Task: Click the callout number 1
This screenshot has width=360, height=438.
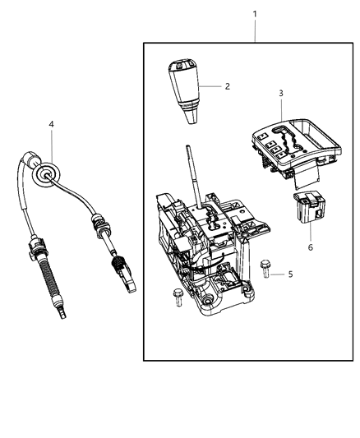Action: tap(255, 15)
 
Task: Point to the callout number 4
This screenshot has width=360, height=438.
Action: tap(51, 124)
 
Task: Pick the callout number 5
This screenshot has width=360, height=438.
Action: tap(290, 275)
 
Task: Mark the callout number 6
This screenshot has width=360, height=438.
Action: tap(310, 247)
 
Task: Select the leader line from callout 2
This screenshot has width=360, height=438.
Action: tap(211, 86)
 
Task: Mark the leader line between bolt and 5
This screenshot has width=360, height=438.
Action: tap(279, 275)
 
